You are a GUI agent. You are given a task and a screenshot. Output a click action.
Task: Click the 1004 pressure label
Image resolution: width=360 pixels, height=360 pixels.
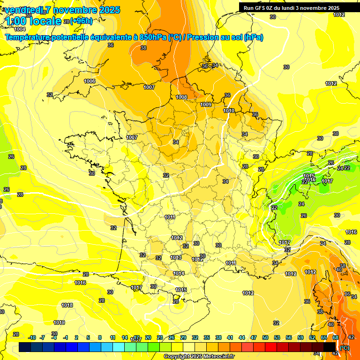[20, 29]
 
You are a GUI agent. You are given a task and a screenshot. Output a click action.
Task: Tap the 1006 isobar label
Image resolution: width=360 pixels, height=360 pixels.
[90, 82]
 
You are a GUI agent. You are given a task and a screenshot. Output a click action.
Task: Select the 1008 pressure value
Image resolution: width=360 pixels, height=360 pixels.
[181, 97]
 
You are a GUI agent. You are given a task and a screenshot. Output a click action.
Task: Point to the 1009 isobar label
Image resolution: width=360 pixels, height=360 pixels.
[206, 105]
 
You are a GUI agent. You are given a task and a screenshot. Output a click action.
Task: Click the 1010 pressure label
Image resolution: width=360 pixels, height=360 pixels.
[229, 111]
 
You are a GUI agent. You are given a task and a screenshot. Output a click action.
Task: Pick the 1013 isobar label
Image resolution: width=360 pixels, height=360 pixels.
[176, 258]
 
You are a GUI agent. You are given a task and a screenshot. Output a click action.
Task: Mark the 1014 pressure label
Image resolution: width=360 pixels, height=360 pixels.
[179, 274]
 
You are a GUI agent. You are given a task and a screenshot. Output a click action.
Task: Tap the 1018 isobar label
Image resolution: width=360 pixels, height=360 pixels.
[67, 306]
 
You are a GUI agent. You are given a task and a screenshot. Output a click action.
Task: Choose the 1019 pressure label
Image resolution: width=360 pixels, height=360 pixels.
[59, 322]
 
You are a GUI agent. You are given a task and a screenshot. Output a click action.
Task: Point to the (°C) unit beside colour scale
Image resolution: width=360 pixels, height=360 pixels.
[344, 348]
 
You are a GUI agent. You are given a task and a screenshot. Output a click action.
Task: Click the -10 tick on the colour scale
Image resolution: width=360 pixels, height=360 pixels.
[32, 337]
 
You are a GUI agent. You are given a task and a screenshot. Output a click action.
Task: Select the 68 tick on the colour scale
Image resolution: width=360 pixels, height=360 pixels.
[336, 337]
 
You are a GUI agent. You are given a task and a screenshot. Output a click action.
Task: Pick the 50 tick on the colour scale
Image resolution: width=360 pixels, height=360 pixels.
[265, 337]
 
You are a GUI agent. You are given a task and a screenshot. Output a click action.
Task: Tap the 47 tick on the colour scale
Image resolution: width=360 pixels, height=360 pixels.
[254, 337]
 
